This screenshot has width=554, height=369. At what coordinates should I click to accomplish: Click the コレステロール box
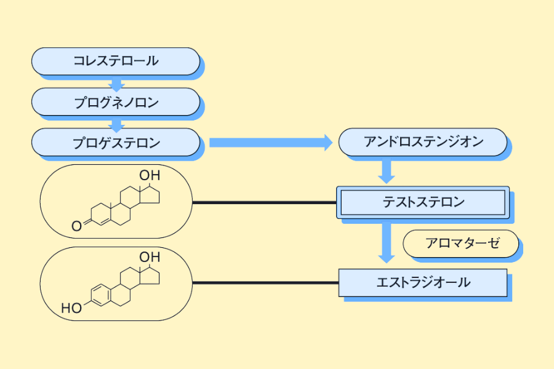(116, 61)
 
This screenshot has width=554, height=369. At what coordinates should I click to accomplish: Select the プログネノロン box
(116, 101)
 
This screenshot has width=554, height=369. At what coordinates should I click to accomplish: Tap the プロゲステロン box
(116, 143)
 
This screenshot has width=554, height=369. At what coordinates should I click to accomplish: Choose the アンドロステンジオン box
(423, 142)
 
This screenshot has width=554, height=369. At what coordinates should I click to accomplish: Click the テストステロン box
(423, 202)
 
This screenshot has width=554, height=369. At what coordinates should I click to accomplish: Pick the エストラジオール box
(423, 283)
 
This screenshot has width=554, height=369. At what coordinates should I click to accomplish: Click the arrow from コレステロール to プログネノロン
(116, 82)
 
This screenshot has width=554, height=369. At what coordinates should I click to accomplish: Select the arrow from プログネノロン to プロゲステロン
(116, 122)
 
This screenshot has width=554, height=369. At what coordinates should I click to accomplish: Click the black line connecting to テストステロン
(265, 202)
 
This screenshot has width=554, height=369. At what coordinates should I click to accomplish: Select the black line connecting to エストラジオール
(265, 283)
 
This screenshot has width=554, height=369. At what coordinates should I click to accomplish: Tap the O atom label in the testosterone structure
(76, 226)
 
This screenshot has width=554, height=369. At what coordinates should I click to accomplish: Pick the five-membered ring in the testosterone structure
(150, 197)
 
